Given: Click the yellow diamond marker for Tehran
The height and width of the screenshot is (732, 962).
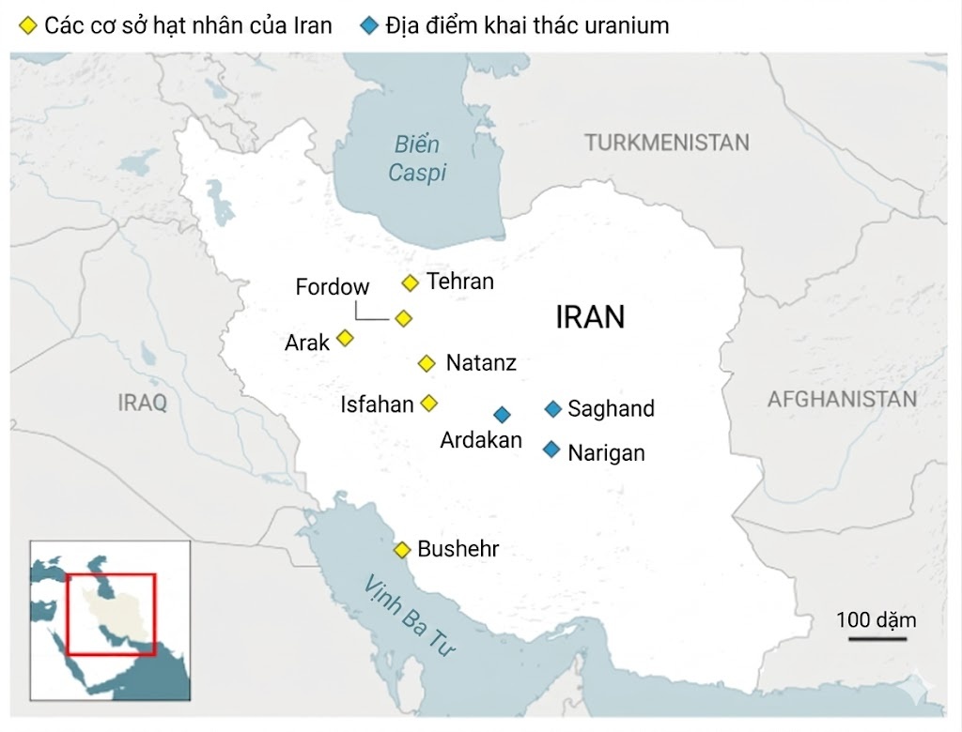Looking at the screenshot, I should tap(410, 282).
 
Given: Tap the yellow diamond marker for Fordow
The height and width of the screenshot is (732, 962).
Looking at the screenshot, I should tap(403, 318).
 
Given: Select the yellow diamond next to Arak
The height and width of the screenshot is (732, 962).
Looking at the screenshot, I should tap(345, 338).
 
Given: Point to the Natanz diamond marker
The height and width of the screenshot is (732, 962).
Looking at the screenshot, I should tap(427, 363).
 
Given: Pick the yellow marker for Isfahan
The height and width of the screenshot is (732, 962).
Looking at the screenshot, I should tap(429, 403).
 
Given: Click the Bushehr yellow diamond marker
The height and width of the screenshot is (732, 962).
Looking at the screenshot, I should tap(402, 550).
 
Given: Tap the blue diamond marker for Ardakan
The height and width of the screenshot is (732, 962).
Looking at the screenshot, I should tap(502, 414).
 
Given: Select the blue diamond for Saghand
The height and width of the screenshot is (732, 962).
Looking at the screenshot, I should tap(552, 408).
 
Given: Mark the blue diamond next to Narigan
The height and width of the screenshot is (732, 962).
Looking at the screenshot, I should tap(551, 450).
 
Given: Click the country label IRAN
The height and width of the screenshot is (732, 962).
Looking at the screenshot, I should tap(590, 317).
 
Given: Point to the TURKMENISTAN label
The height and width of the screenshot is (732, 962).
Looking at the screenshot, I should tap(667, 143).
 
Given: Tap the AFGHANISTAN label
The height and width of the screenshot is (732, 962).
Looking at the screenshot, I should tap(842, 399).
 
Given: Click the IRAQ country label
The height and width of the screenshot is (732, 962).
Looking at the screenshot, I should tap(143, 404).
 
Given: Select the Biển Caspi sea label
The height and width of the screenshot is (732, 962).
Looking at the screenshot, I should tap(417, 160).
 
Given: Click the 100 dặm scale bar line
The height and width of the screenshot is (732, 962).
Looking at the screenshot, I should tap(877, 639).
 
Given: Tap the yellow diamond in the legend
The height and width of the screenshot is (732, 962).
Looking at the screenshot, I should tap(29, 25).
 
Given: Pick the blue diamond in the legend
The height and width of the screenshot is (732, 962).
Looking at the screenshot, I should tap(370, 25).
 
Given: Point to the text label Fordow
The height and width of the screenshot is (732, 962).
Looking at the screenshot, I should tap(333, 287).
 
